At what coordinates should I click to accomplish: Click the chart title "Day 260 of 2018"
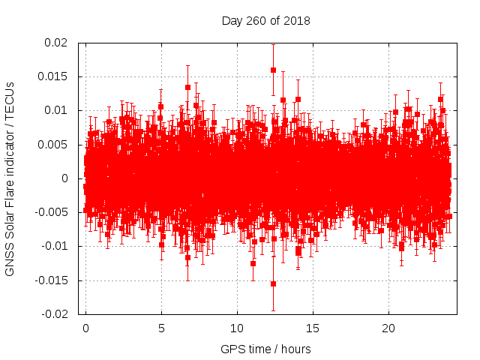click(265, 19)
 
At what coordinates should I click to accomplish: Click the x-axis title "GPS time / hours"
click(265, 349)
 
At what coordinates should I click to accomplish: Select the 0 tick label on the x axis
click(85, 328)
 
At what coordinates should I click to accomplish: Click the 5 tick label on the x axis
click(161, 328)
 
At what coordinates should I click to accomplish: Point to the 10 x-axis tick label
click(237, 328)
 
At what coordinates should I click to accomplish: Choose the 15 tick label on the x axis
click(313, 328)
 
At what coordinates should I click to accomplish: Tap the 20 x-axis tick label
click(388, 328)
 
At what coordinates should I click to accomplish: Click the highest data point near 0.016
click(273, 70)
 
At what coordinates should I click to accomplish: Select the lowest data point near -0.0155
click(273, 283)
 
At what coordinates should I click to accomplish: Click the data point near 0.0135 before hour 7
click(187, 87)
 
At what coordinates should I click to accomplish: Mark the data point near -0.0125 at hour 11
click(253, 263)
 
